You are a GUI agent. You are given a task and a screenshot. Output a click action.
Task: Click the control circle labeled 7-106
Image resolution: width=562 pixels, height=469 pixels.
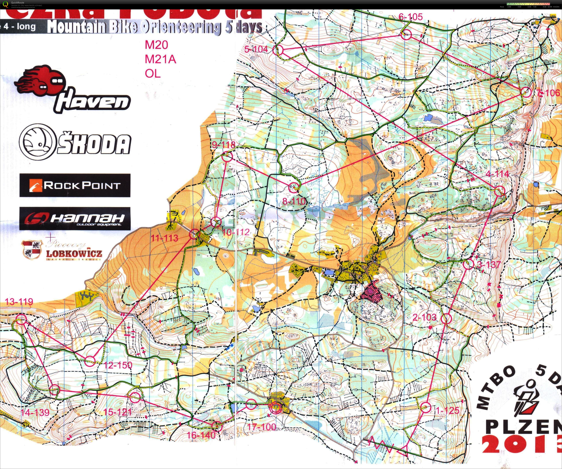(526, 92)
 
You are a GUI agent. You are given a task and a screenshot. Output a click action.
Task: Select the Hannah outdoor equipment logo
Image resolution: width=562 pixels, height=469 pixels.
(75, 218)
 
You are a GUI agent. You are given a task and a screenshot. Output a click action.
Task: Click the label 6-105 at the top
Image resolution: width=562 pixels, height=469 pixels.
(411, 17)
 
